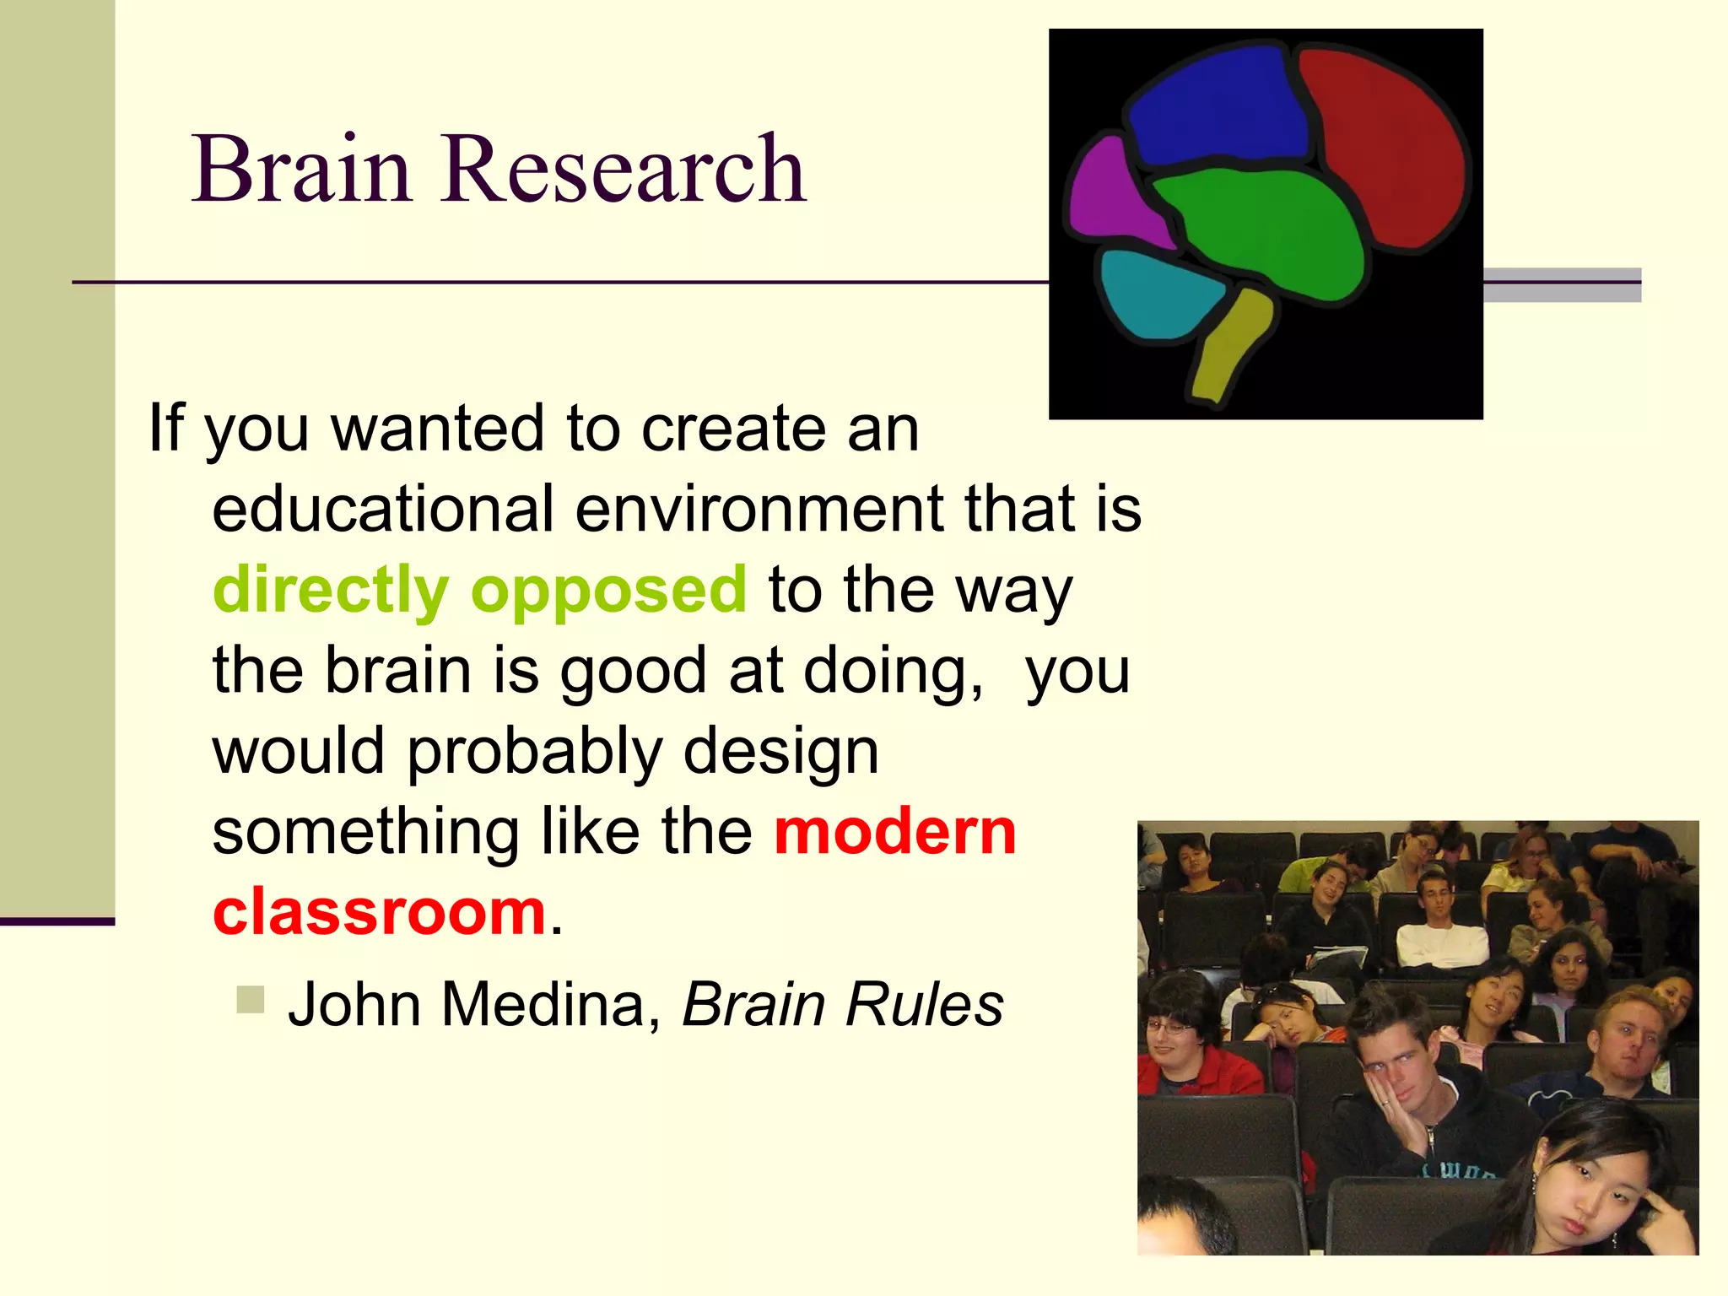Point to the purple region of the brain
click(1110, 194)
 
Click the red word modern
click(895, 832)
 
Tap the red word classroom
click(380, 912)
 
